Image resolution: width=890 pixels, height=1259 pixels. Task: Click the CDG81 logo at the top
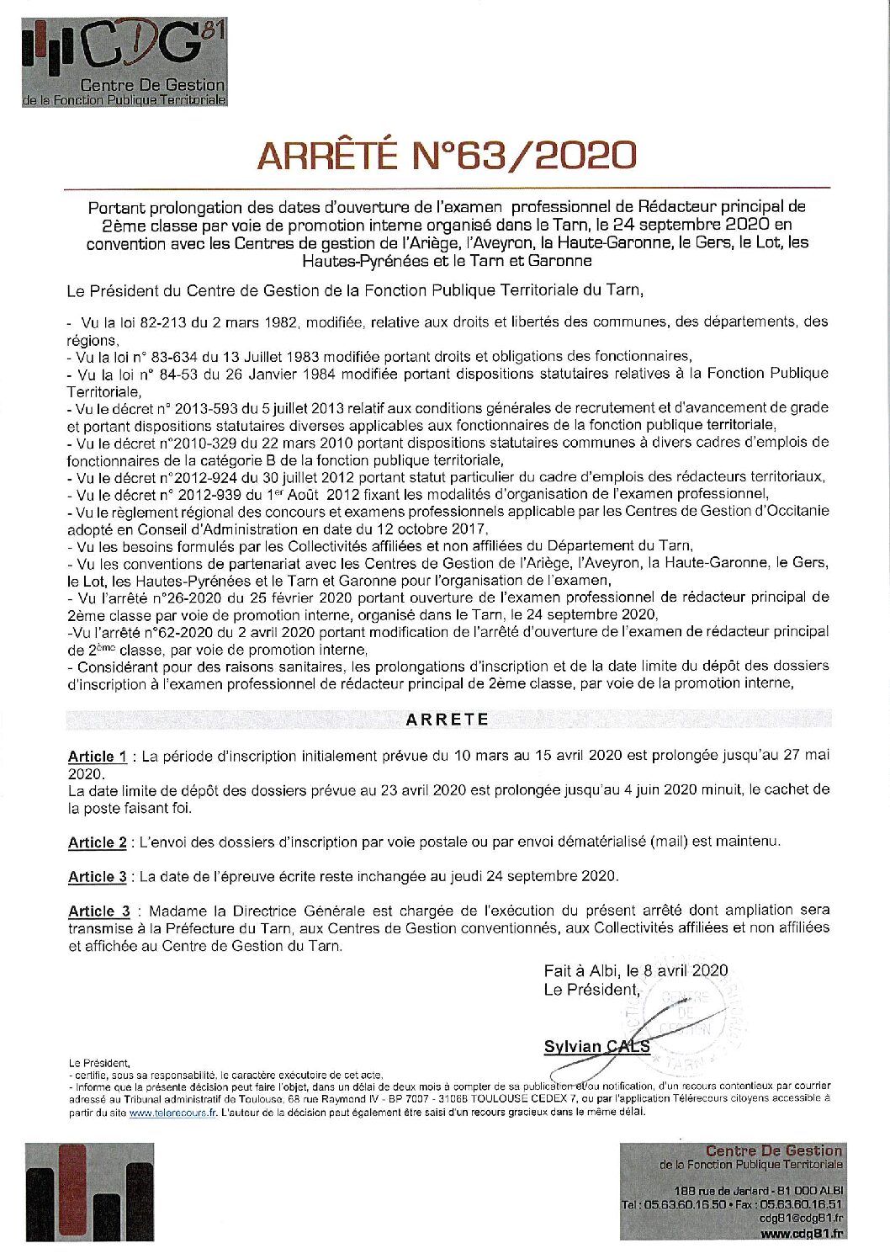coord(124,63)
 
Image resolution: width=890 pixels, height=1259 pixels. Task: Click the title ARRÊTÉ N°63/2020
coord(447,155)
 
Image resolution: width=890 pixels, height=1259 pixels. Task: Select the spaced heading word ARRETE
coord(447,720)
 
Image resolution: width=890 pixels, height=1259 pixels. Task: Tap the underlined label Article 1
coord(98,757)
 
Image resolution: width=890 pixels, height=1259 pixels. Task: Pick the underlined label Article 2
coord(98,842)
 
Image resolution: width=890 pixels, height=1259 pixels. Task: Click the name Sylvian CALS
coord(596,1047)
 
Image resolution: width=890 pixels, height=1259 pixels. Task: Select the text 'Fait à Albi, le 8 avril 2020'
coord(636,970)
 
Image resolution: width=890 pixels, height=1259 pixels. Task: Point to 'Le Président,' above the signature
coord(591,990)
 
